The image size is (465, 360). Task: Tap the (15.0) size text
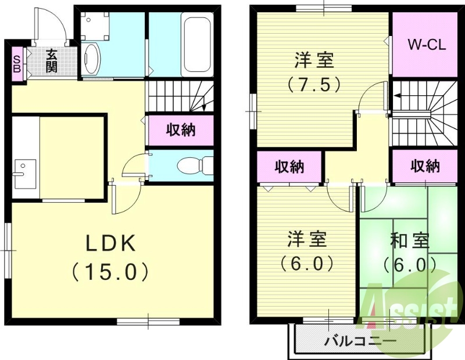111,271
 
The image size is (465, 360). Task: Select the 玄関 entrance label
52,61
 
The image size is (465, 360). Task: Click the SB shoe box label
16,63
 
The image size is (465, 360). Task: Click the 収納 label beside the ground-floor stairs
180,130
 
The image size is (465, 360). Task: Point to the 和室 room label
410,240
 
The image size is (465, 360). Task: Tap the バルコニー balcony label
360,341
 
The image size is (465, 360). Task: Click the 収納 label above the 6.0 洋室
289,167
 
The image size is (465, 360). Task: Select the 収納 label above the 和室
425,167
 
